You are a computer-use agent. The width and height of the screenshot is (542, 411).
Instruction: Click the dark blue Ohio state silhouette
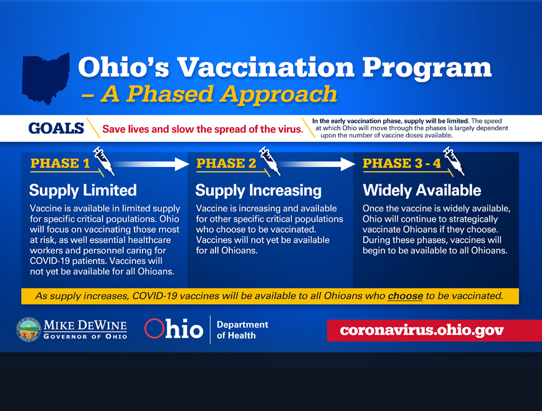(x=45, y=78)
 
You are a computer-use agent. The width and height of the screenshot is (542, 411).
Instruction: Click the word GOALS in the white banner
(x=56, y=128)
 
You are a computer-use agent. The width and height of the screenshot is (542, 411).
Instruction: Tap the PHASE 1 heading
(x=60, y=163)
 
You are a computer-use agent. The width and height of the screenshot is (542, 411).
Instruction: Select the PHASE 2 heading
(x=226, y=163)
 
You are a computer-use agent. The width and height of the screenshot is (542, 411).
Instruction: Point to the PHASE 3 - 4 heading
(x=402, y=163)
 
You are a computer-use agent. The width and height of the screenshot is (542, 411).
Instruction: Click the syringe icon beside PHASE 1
(x=103, y=161)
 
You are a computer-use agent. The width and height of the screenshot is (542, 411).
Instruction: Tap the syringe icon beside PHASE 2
(x=270, y=161)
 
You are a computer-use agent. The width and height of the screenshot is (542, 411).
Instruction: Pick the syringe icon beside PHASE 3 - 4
(x=454, y=161)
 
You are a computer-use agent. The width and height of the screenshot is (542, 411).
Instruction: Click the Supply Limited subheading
(x=83, y=191)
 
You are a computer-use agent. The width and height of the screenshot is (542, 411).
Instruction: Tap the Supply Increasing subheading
(x=258, y=191)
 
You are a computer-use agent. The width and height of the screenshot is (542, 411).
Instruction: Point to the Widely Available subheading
(x=422, y=191)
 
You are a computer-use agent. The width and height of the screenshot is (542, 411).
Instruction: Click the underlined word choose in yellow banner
(x=405, y=296)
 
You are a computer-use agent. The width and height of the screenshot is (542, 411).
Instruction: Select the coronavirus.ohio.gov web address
(x=422, y=331)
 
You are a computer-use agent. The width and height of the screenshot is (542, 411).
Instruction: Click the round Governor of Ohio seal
(x=29, y=329)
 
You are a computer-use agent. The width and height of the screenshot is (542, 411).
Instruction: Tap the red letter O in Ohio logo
(x=154, y=328)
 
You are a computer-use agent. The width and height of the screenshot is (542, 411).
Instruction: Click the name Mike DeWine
(x=85, y=325)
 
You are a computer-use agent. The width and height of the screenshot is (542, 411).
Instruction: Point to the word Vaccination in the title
(x=266, y=67)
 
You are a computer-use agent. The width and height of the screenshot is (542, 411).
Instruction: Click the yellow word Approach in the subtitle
(x=278, y=94)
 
